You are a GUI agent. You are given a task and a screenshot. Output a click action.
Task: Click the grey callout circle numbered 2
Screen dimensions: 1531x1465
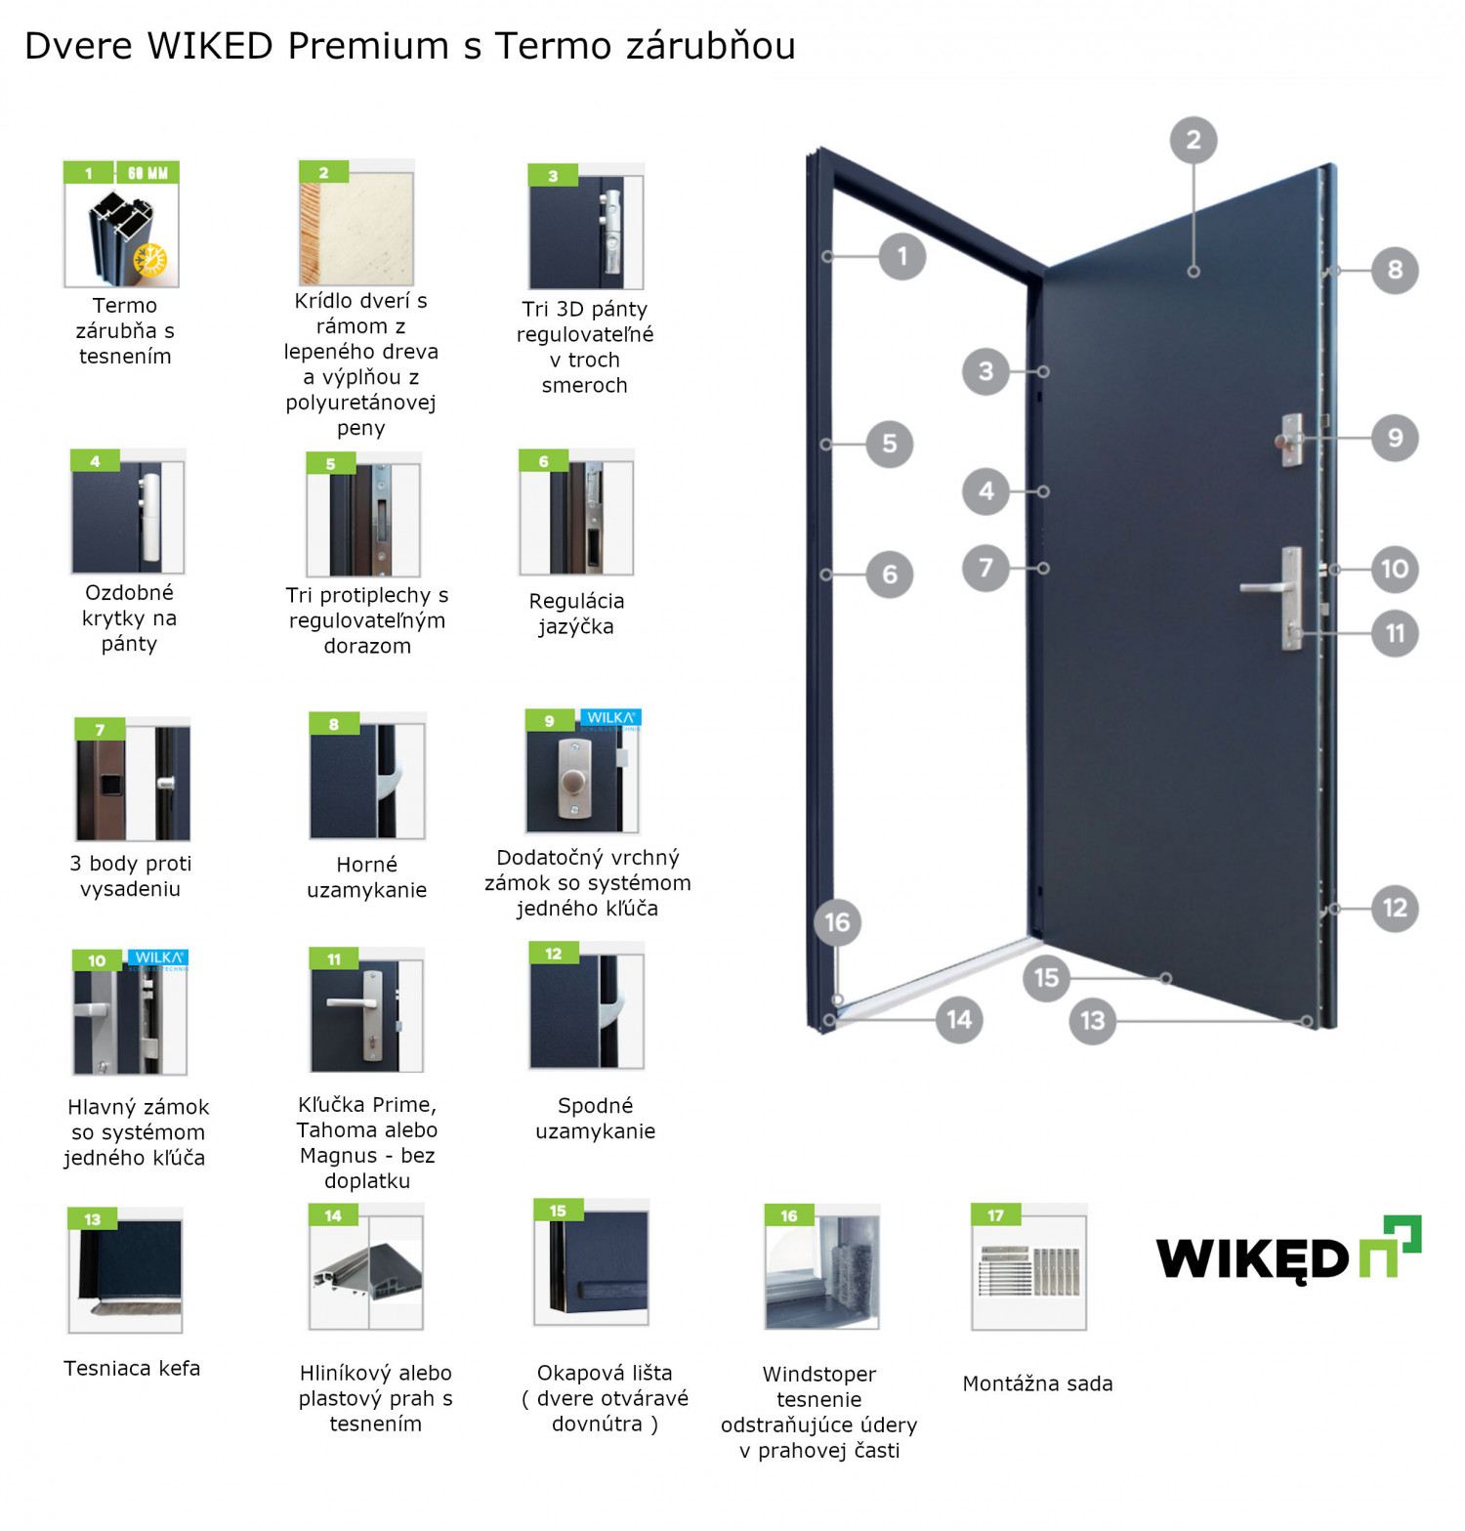1193,141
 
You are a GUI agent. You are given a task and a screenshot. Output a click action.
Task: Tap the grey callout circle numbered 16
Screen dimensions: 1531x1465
837,922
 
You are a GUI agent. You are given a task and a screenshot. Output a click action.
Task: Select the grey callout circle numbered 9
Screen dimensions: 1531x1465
1395,438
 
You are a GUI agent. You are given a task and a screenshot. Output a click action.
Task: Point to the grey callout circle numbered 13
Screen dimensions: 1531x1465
1092,1021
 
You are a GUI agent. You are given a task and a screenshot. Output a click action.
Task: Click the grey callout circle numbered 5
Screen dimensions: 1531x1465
889,444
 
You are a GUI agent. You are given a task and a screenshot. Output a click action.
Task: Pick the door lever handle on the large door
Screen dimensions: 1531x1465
1270,588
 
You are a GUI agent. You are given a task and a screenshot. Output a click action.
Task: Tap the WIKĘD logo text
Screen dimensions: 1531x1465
1252,1257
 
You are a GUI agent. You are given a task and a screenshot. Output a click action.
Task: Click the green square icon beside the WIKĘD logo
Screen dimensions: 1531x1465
1391,1245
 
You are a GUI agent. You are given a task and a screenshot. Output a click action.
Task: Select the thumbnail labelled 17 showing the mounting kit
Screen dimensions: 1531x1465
1028,1268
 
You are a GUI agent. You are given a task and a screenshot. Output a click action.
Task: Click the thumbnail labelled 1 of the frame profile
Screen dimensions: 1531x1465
121,225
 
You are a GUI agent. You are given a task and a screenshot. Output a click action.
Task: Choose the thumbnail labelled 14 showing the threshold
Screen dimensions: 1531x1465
366,1268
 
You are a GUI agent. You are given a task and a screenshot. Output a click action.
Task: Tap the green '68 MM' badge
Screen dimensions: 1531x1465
147,174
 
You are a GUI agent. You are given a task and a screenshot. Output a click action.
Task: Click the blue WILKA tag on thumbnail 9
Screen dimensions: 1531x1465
611,719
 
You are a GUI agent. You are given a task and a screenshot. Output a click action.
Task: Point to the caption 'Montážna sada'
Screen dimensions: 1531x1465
1037,1383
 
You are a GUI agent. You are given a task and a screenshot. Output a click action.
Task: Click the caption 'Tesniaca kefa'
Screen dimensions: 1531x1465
132,1368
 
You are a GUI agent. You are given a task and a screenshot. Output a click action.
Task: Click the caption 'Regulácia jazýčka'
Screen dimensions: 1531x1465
576,614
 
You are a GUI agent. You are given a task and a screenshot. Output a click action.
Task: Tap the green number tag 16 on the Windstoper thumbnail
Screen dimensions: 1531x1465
789,1215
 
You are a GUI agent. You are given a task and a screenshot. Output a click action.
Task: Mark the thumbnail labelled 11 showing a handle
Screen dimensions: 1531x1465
366,1011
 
